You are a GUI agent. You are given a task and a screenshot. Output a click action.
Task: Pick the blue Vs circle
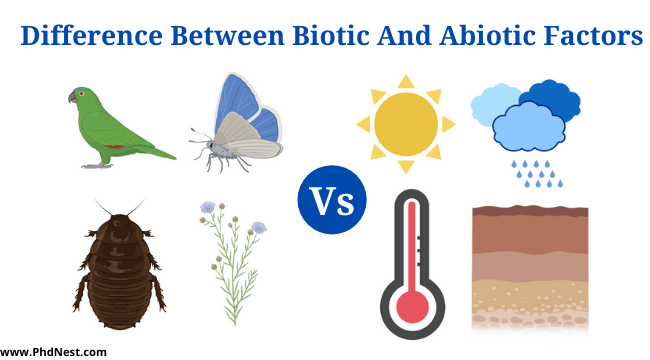pos(331,201)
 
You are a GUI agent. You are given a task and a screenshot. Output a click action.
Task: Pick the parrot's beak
pos(72,97)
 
